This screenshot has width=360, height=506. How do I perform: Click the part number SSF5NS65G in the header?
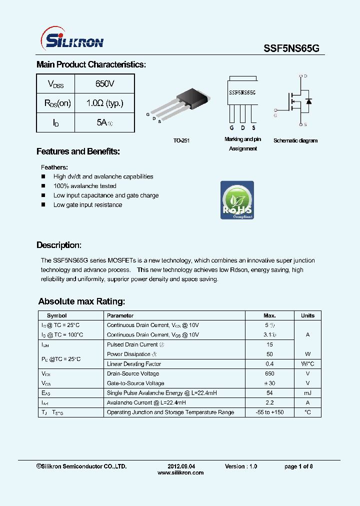(x=291, y=48)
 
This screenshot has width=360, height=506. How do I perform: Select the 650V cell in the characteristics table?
(x=104, y=83)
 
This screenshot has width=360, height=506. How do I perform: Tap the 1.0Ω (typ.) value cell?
(x=104, y=103)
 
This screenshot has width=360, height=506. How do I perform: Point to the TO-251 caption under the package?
(x=181, y=141)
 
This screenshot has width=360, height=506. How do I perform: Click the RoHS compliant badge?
(x=237, y=200)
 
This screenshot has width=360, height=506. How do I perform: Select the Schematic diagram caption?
(x=295, y=140)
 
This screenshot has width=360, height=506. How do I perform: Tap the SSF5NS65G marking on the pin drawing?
(x=242, y=92)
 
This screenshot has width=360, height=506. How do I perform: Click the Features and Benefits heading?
(x=78, y=151)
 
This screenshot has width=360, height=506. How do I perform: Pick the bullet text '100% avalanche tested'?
(x=84, y=186)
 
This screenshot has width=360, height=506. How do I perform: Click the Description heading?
(x=58, y=245)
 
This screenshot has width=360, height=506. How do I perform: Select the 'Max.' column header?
(x=269, y=315)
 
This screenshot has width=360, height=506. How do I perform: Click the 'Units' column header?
(x=307, y=315)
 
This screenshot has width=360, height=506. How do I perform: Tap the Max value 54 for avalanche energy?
(x=269, y=393)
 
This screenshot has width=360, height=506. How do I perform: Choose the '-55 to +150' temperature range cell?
(x=269, y=412)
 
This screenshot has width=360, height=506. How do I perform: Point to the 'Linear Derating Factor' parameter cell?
(x=133, y=364)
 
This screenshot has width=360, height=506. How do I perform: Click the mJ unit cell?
(x=307, y=393)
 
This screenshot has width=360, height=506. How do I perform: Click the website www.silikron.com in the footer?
(x=180, y=472)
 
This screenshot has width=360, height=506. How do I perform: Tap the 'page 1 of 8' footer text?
(x=298, y=466)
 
